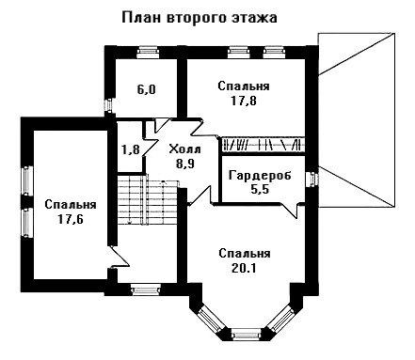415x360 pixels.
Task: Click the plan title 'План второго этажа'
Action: (200, 18)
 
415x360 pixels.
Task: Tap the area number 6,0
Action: (146, 90)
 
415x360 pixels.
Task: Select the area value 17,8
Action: (244, 101)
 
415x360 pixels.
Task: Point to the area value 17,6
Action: (71, 219)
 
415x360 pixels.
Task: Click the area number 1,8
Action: (131, 149)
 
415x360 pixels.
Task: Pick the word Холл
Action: (184, 149)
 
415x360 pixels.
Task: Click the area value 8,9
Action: (185, 164)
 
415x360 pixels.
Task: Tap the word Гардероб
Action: (260, 176)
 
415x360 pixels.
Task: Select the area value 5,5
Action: (260, 190)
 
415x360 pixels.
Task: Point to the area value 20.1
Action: (244, 268)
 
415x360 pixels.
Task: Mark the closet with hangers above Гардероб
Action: (263, 145)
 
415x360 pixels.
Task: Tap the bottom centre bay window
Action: (246, 335)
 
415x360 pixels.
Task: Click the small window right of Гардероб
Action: (311, 180)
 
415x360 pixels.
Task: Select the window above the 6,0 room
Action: (148, 52)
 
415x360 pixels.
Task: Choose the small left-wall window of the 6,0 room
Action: (108, 105)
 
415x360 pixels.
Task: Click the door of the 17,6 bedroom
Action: (119, 257)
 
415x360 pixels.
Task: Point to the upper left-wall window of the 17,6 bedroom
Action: (27, 180)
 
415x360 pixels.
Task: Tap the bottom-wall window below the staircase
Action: (145, 290)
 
